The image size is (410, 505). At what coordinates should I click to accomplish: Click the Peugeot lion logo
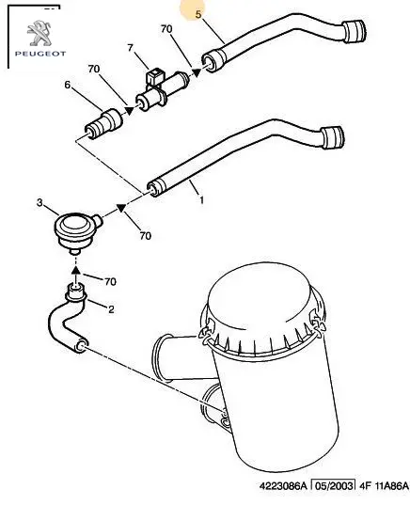[x=39, y=33]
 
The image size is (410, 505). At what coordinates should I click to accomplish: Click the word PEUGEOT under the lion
[x=40, y=54]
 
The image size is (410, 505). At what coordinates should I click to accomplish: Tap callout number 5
[x=198, y=14]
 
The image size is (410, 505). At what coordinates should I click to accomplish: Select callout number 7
[x=130, y=48]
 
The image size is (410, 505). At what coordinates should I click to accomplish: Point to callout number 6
[x=68, y=85]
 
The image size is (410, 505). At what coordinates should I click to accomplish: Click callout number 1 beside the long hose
[x=201, y=200]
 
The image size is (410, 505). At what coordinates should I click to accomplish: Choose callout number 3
[x=39, y=202]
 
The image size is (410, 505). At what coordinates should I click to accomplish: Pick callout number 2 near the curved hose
[x=111, y=309]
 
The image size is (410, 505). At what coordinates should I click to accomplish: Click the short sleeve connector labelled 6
[x=103, y=125]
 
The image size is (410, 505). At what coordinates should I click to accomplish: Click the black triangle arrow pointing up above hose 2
[x=75, y=270]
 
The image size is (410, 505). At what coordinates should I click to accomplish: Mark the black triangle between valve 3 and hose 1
[x=121, y=208]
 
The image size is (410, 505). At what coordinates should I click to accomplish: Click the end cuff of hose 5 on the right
[x=354, y=31]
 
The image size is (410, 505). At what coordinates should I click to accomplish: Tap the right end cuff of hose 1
[x=333, y=137]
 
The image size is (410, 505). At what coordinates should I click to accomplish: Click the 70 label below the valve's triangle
[x=146, y=236]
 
